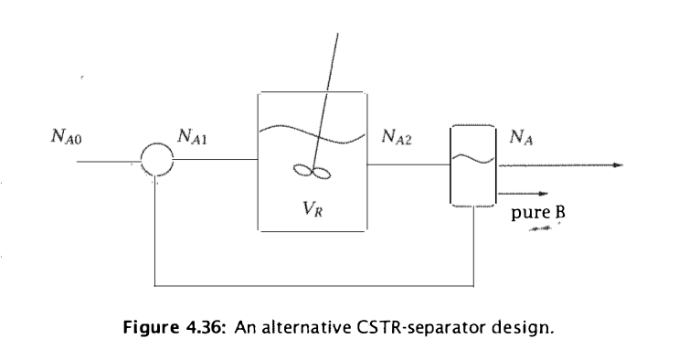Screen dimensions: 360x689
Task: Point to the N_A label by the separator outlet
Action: pos(517,139)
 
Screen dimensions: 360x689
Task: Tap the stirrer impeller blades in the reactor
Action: pos(312,173)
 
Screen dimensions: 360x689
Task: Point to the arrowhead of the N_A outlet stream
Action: pos(618,165)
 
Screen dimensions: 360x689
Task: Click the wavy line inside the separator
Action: pos(472,159)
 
